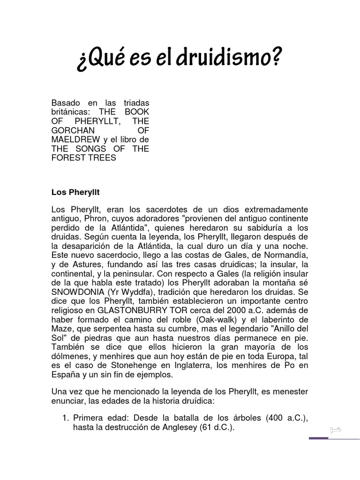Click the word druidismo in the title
(236, 59)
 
